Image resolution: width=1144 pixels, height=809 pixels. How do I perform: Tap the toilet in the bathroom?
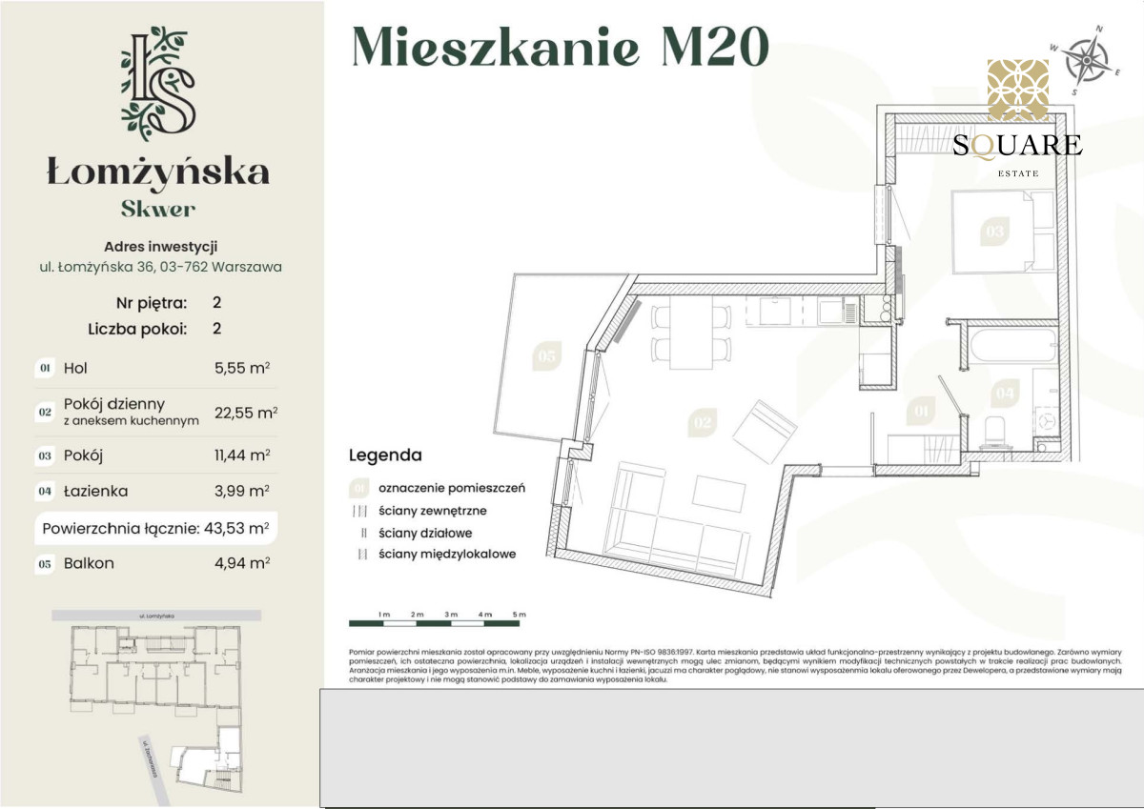995,431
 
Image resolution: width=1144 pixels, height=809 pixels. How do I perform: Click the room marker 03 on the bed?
995,231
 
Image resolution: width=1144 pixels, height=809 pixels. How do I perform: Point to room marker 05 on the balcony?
546,355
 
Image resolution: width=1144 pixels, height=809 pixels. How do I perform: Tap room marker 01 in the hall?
921,412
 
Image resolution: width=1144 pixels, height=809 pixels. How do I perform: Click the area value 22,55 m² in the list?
246,413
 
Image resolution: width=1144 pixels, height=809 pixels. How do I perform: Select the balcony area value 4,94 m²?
242,563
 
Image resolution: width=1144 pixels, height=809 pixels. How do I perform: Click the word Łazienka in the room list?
95,492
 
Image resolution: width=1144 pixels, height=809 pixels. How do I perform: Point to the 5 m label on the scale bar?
519,615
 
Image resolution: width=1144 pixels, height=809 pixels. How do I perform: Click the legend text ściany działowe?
424,534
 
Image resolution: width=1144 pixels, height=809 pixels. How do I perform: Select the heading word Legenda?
385,455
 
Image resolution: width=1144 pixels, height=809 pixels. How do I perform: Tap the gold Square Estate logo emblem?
1017,91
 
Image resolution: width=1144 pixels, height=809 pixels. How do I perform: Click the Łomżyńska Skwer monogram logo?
158,84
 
